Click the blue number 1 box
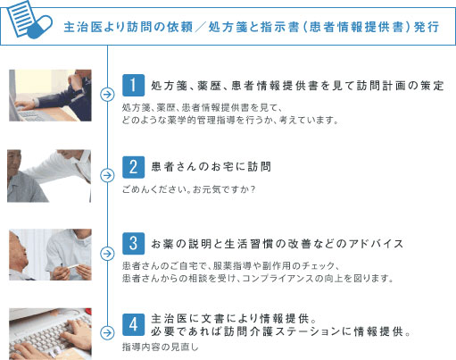click(x=133, y=86)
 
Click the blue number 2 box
click(x=133, y=166)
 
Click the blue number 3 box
click(x=133, y=243)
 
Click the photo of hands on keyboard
click(x=48, y=331)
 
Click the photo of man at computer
click(x=48, y=94)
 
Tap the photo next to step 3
click(x=48, y=254)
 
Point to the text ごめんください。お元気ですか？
click(x=188, y=188)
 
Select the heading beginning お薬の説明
click(x=278, y=243)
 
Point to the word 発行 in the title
click(x=426, y=27)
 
